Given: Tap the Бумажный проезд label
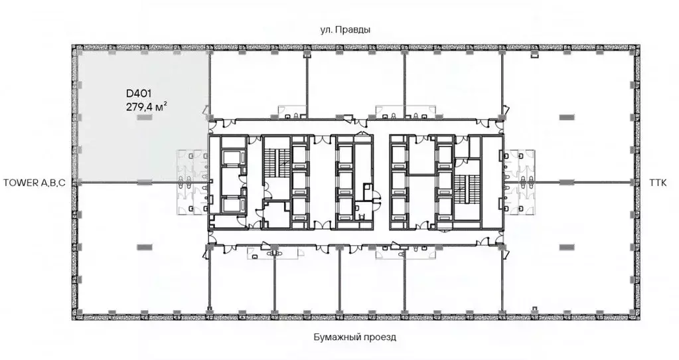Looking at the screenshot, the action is coord(354,337).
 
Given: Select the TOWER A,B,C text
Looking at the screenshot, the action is coord(35,183).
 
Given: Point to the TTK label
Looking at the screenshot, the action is coord(658,183).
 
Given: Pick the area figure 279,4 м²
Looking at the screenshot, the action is coord(147,106).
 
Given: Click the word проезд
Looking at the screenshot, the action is coord(380,337).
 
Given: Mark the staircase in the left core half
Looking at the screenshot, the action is coord(277,162).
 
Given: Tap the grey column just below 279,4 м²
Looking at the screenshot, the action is coord(144,118).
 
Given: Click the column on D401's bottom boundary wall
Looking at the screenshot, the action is coord(144,183).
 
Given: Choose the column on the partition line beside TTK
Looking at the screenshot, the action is coord(566,183).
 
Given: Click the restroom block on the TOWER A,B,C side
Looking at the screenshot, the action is coord(192,182).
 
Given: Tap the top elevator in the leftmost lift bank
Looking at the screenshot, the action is coord(233,157).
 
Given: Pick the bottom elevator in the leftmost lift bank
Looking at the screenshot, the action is coord(233,206).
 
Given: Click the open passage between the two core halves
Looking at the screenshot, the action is coord(382,182).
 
